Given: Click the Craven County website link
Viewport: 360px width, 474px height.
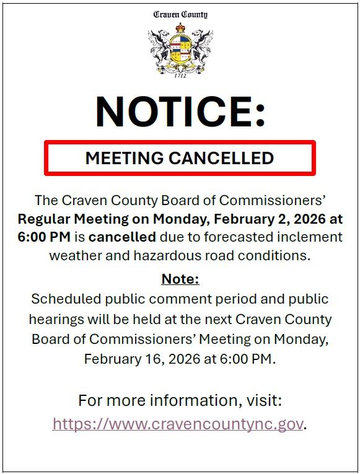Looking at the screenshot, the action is pyautogui.click(x=178, y=424).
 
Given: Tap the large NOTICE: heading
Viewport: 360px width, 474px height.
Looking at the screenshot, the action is pyautogui.click(x=180, y=112).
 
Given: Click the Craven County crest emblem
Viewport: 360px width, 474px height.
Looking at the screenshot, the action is pyautogui.click(x=180, y=49).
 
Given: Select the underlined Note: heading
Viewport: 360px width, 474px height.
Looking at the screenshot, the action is pyautogui.click(x=180, y=279).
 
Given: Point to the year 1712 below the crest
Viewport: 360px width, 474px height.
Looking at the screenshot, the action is pyautogui.click(x=180, y=76).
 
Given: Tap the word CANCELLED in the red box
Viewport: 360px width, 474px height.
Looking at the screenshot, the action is pyautogui.click(x=221, y=158).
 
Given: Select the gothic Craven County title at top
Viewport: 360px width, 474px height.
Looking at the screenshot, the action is pyautogui.click(x=180, y=14).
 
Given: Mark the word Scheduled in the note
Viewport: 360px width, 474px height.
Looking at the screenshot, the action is pyautogui.click(x=66, y=299).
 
